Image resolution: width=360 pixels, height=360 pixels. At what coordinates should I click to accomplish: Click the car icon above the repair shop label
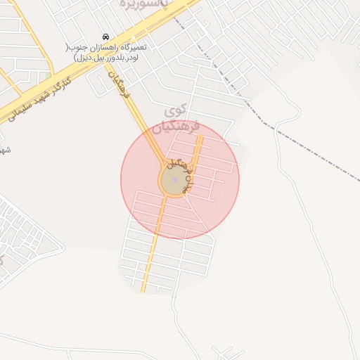coord(105,37)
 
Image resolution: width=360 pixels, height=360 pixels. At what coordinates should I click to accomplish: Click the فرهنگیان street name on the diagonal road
coord(120,83)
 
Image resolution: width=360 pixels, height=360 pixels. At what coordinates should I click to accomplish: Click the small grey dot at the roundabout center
coord(174,180)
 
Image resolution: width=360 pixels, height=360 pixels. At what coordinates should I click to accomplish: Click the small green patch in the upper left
coord(48,75)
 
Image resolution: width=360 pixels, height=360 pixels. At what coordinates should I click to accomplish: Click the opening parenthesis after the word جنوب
coord(68,47)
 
